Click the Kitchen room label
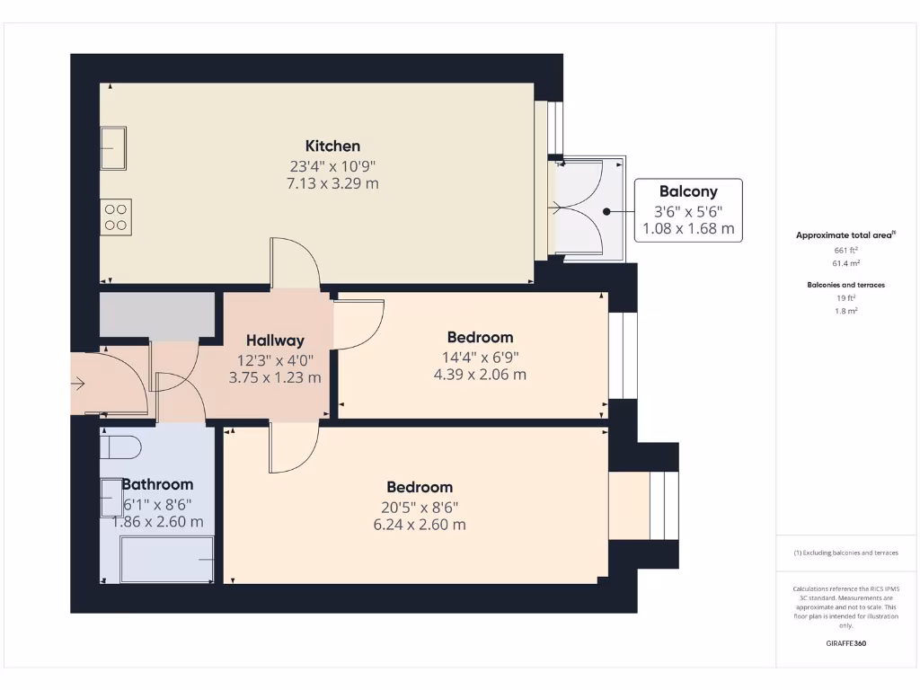coord(332,146)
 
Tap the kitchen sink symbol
coord(113,148)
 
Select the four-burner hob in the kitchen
coord(116,217)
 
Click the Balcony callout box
coord(688,210)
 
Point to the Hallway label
coord(275,341)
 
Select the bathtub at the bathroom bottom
coord(167,560)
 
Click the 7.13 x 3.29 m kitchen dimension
coord(332,183)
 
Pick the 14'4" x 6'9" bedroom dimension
coord(480,356)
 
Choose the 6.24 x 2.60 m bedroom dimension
coord(420,525)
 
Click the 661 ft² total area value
coord(845,250)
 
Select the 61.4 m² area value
coord(845,263)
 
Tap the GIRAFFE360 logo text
coord(845,643)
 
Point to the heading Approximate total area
coord(845,235)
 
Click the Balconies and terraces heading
coord(845,285)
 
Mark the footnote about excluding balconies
coord(845,553)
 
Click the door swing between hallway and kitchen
coord(294,263)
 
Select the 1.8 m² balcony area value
coord(845,311)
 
